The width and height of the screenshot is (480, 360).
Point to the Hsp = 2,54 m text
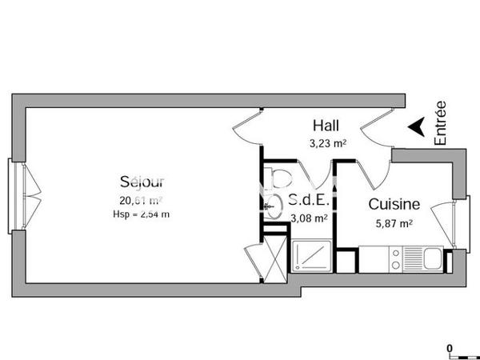(x=141, y=214)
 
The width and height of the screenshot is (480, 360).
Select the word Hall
(x=325, y=126)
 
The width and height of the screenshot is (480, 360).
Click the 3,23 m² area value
(x=328, y=144)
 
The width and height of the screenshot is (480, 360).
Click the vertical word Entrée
(x=441, y=122)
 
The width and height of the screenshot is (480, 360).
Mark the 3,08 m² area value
(x=308, y=218)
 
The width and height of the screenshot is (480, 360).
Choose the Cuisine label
(x=394, y=206)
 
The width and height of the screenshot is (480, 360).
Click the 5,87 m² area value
(x=394, y=224)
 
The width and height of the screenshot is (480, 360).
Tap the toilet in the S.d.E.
(x=280, y=179)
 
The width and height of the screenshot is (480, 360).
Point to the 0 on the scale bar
(x=450, y=348)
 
